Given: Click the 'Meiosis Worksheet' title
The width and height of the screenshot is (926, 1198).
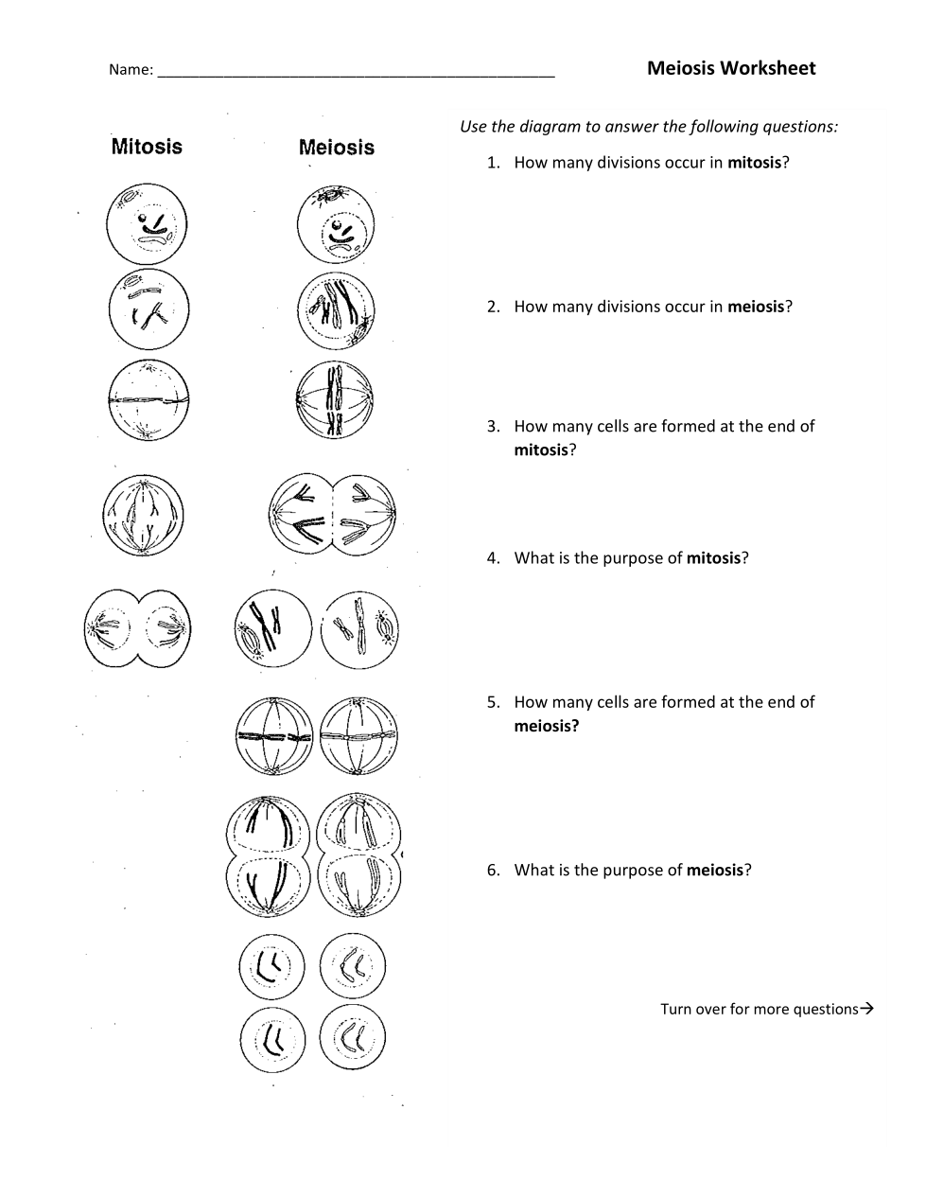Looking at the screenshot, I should [731, 68].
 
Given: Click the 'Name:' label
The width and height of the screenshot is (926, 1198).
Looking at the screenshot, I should [131, 70].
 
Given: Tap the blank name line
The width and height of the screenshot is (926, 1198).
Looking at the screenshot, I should [356, 70].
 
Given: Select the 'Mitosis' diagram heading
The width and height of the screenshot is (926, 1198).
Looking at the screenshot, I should [147, 147].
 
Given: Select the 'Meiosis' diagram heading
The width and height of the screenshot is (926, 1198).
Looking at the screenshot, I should [337, 148].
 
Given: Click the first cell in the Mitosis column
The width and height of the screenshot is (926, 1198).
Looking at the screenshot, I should [147, 224].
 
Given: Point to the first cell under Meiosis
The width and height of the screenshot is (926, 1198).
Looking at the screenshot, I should [336, 224].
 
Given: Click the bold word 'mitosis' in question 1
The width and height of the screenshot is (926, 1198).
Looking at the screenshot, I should [754, 163].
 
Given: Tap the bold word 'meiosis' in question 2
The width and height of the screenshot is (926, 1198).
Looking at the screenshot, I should [756, 307].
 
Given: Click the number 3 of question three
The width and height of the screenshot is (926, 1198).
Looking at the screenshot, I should [493, 427].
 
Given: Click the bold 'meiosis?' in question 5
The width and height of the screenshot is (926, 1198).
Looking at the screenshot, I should [546, 726].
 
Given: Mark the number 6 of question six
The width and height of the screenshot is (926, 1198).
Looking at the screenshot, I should [493, 871].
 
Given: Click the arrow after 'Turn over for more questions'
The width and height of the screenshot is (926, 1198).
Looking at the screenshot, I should [866, 1009].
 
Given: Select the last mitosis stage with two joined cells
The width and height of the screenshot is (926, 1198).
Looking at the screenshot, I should [138, 628].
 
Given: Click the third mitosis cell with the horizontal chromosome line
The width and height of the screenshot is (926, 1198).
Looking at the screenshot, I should [148, 400].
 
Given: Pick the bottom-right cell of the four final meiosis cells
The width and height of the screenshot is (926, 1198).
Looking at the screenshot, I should [353, 1037].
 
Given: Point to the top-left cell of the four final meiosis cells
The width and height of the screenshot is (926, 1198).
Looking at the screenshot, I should [272, 967].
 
